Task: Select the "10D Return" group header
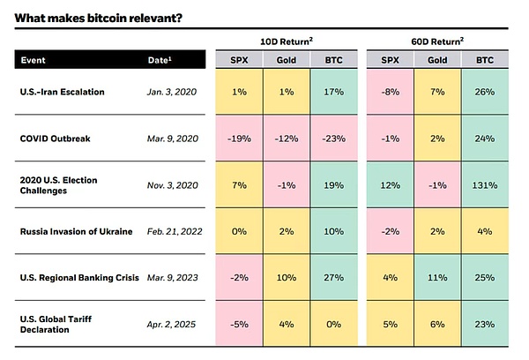point(287,41)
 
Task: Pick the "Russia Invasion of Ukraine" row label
point(75,232)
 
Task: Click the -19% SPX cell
point(239,139)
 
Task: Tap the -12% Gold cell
point(286,139)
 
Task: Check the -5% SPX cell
point(239,324)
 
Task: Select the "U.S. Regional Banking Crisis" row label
point(77,278)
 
